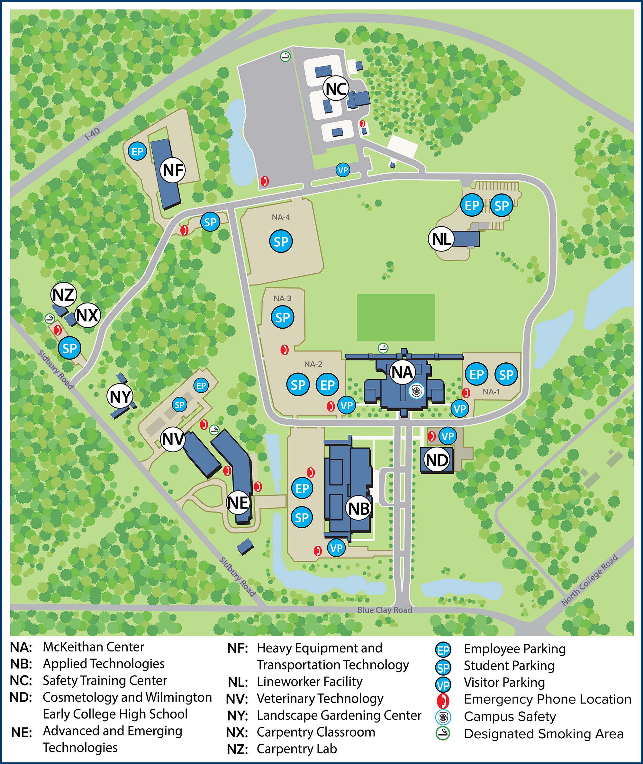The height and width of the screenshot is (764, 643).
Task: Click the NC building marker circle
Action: click(x=336, y=88)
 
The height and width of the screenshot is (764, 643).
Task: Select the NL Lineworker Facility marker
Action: click(x=441, y=239)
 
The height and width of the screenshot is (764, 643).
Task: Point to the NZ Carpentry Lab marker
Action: click(x=64, y=295)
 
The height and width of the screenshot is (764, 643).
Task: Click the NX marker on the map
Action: click(x=87, y=315)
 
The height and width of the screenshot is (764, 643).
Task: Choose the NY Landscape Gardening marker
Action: click(x=120, y=396)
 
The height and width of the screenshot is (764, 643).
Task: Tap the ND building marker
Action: click(x=437, y=460)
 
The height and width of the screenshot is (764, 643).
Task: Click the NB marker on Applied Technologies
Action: click(x=359, y=508)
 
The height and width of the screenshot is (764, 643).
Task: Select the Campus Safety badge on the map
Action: click(x=416, y=391)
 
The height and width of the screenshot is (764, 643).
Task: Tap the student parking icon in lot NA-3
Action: click(x=283, y=317)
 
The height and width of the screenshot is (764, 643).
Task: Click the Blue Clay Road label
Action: click(x=385, y=610)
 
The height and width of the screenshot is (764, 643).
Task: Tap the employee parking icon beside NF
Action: click(x=137, y=151)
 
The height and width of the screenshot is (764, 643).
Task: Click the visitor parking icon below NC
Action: click(x=343, y=170)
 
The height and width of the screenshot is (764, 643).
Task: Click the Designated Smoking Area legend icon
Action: click(x=443, y=734)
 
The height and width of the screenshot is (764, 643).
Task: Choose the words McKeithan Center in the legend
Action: click(x=93, y=647)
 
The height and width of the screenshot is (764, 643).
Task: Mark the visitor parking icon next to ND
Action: click(x=448, y=436)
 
